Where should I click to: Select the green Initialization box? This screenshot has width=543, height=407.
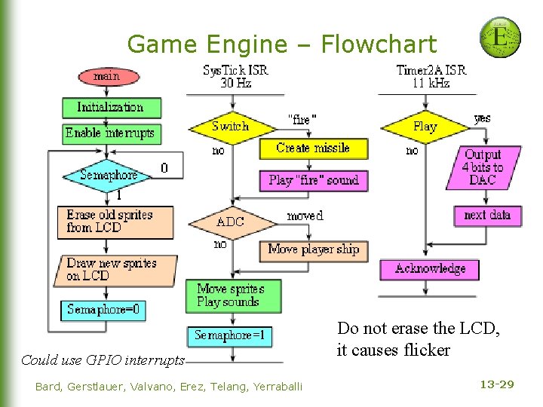[x=111, y=107]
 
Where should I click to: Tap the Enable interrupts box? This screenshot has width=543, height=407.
[x=110, y=133]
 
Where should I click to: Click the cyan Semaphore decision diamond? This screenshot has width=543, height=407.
[x=110, y=175]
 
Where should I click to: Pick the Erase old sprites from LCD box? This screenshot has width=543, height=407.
[x=115, y=222]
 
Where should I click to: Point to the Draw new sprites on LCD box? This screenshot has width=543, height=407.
[x=115, y=270]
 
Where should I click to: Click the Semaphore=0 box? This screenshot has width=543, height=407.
[x=104, y=310]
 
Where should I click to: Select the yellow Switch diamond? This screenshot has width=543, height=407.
[x=231, y=127]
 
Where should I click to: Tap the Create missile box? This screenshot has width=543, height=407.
[x=313, y=148]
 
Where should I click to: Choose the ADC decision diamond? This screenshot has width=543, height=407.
[x=231, y=222]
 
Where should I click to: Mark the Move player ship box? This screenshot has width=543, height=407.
[x=314, y=249]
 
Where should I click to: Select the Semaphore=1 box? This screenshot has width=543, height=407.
[x=231, y=335]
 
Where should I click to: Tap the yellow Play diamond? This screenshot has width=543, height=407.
[x=425, y=127]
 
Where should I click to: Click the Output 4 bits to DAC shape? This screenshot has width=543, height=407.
[x=483, y=167]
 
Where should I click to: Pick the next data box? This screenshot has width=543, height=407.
[x=487, y=216]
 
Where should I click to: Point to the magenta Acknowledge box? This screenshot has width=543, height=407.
[x=430, y=269]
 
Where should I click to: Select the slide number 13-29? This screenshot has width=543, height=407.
[x=497, y=385]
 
